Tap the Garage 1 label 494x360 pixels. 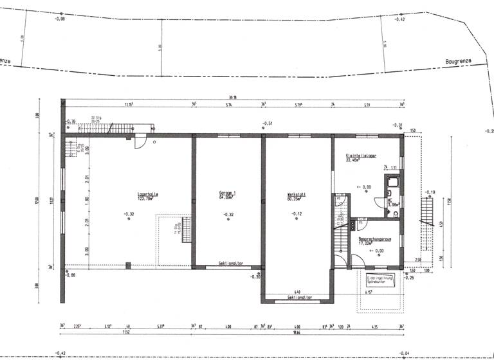(x=227, y=194)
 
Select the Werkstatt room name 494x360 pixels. (x=296, y=194)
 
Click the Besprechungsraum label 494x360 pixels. (x=375, y=239)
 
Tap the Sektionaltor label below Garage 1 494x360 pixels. (x=230, y=264)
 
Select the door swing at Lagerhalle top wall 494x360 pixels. (x=140, y=143)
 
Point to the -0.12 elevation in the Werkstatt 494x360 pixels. (x=296, y=213)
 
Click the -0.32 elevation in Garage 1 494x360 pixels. (x=228, y=213)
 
